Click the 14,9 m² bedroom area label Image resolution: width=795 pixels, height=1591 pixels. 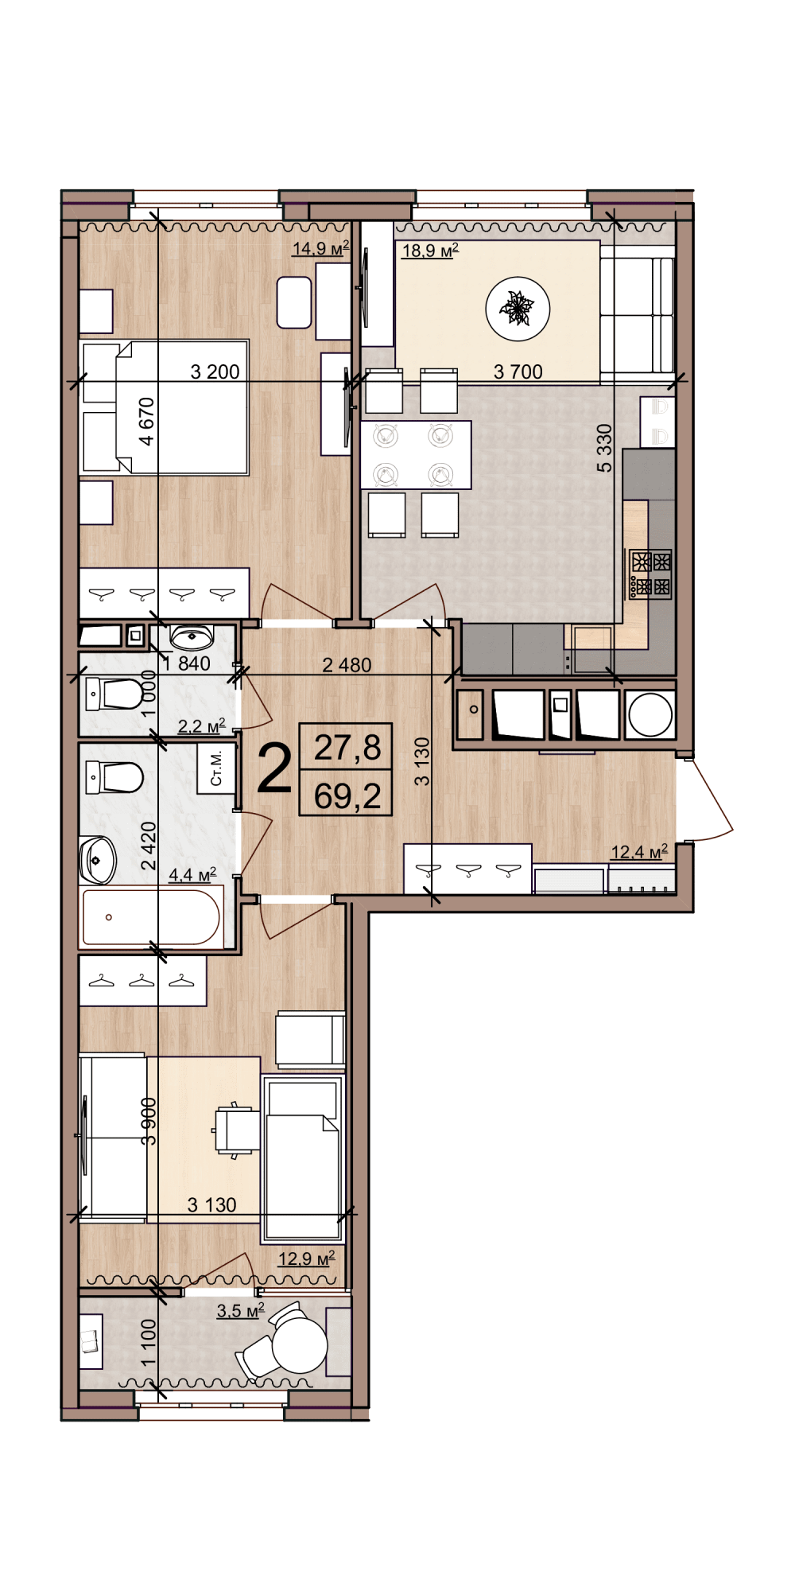pos(321,248)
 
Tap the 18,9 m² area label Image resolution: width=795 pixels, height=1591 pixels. pos(430,251)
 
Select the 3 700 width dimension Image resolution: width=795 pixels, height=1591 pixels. pos(518,371)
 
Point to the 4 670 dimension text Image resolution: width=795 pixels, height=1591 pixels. pos(146,422)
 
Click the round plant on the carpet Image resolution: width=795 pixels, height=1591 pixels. pos(518,309)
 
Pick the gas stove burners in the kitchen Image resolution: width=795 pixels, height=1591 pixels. pos(651,574)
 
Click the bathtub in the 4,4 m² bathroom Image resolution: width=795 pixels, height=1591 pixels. pos(150,917)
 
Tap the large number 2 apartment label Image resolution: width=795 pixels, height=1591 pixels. pos(275,770)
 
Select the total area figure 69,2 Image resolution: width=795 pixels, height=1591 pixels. pos(347,795)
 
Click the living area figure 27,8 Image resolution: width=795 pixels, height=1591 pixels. pos(347,748)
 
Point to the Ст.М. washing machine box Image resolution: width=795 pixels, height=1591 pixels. pos(216,768)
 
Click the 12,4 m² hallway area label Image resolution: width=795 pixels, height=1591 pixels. pos(639,852)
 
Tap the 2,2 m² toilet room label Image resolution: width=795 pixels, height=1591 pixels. pos(201,726)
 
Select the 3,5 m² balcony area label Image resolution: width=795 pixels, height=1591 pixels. pos(241,1310)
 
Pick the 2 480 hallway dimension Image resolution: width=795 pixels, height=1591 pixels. pos(347,665)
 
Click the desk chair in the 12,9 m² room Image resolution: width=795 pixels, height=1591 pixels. pos(236,1130)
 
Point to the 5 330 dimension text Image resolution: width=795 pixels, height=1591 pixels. pos(605,448)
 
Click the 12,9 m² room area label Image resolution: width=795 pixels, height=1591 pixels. pos(306,1259)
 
